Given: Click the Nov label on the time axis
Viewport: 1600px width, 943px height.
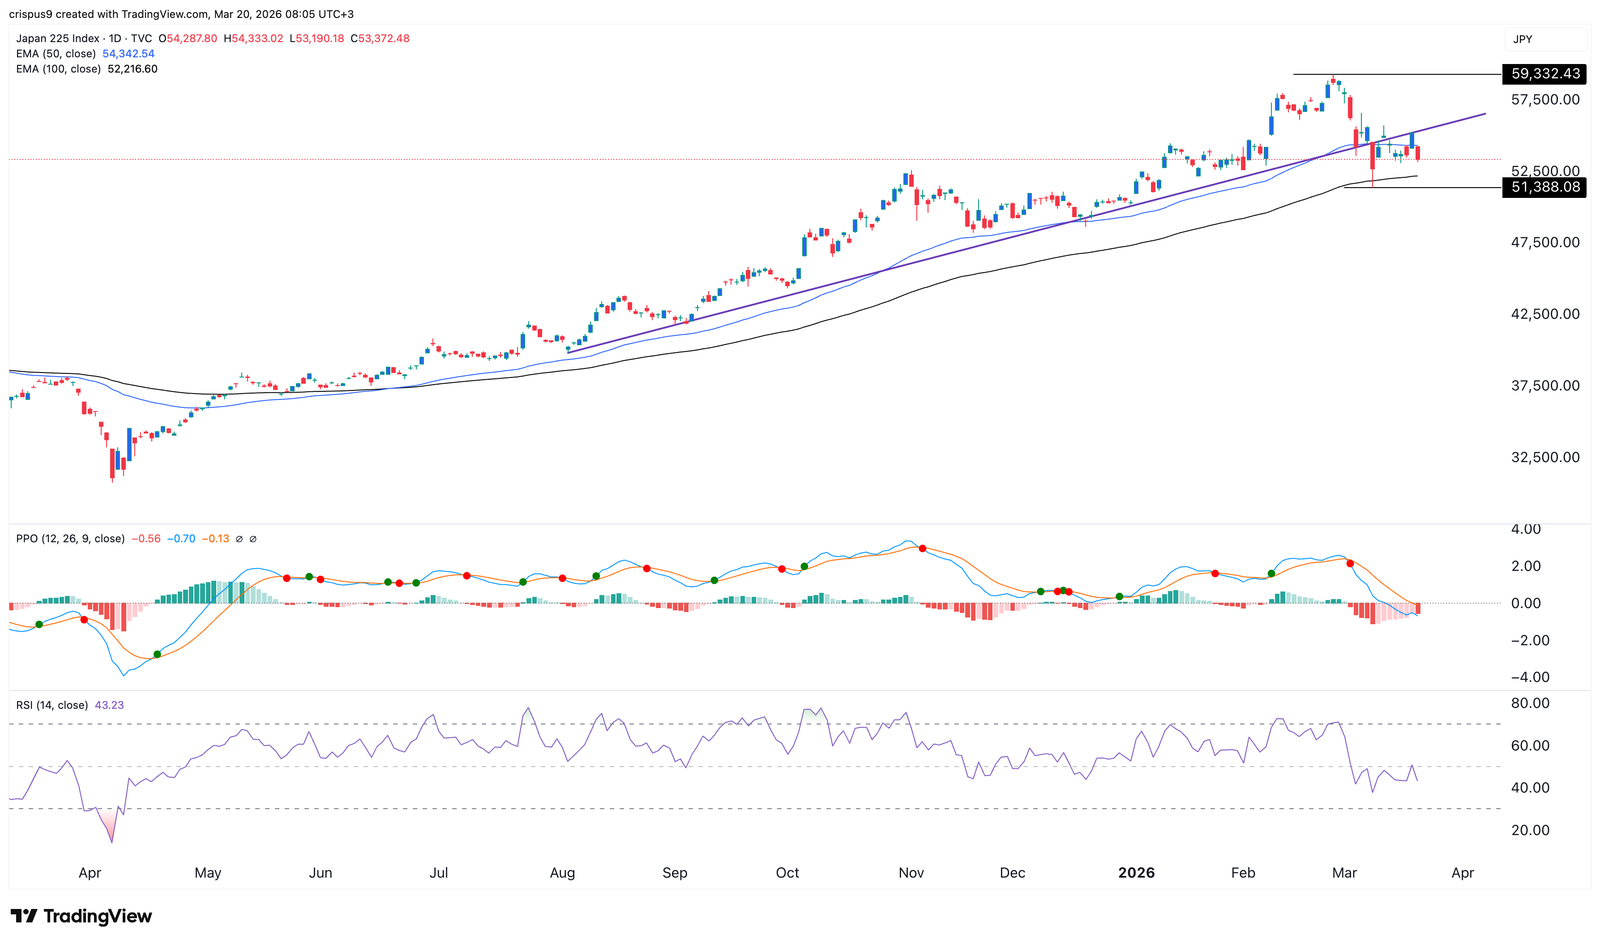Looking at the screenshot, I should tap(911, 872).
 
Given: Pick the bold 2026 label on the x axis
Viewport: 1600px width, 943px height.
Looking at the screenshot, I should tap(1136, 872).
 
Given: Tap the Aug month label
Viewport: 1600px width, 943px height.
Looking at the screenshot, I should tap(562, 872).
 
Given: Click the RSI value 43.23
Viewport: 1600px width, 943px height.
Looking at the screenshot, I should tap(109, 705).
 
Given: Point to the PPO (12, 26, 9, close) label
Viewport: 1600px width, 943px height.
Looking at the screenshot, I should tap(70, 539).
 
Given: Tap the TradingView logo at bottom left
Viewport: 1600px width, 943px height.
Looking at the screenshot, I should tap(81, 916).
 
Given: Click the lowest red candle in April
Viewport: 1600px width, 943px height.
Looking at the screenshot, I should tap(112, 464).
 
